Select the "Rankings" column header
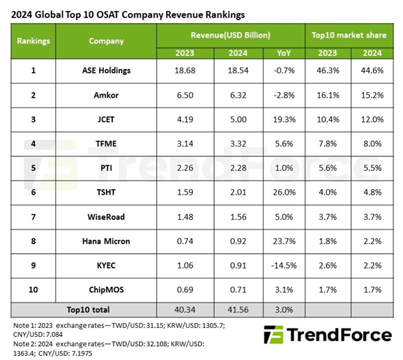tap(33, 40)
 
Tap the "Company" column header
tap(106, 40)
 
